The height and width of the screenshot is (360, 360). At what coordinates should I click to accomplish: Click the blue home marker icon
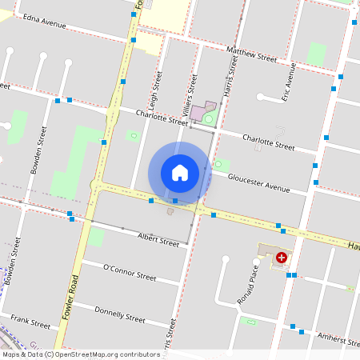(x=180, y=173)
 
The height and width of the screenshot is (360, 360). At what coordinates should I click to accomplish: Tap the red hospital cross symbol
(x=282, y=258)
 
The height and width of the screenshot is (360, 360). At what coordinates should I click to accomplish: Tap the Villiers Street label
(x=192, y=94)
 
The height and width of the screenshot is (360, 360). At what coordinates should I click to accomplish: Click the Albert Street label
(x=158, y=239)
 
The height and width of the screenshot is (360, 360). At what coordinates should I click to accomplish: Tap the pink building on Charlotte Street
(x=197, y=113)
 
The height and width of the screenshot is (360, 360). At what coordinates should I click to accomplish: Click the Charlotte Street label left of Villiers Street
(x=161, y=118)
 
